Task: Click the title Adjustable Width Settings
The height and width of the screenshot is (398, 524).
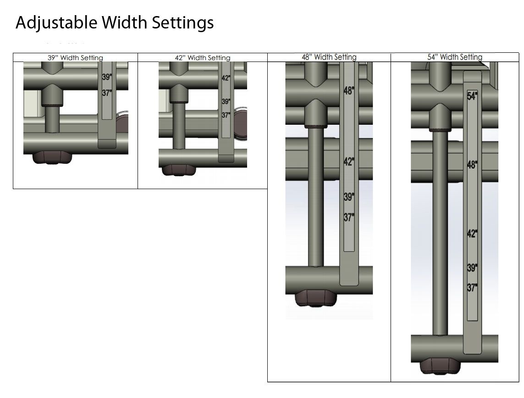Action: click(115, 23)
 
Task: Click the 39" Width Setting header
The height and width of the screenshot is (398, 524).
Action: click(75, 57)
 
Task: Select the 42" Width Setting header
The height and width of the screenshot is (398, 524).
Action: click(203, 57)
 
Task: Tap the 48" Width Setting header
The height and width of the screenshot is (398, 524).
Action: click(329, 57)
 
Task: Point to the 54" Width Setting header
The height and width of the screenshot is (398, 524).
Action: click(455, 57)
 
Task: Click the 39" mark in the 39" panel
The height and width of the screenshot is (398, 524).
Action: click(107, 77)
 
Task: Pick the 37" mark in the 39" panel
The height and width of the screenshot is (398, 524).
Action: click(107, 93)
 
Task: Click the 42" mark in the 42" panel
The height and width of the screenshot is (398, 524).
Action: click(226, 78)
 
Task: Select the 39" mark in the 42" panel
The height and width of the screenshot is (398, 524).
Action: click(226, 101)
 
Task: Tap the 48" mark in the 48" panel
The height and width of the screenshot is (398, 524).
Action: click(349, 90)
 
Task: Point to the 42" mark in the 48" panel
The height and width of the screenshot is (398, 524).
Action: click(349, 162)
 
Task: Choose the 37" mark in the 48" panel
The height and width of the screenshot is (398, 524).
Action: click(349, 218)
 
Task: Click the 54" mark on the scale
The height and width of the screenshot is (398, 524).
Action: click(472, 96)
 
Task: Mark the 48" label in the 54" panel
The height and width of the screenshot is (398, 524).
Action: click(472, 165)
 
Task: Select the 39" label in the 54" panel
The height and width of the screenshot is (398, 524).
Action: click(472, 268)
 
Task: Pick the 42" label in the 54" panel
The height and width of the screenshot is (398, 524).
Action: click(472, 234)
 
